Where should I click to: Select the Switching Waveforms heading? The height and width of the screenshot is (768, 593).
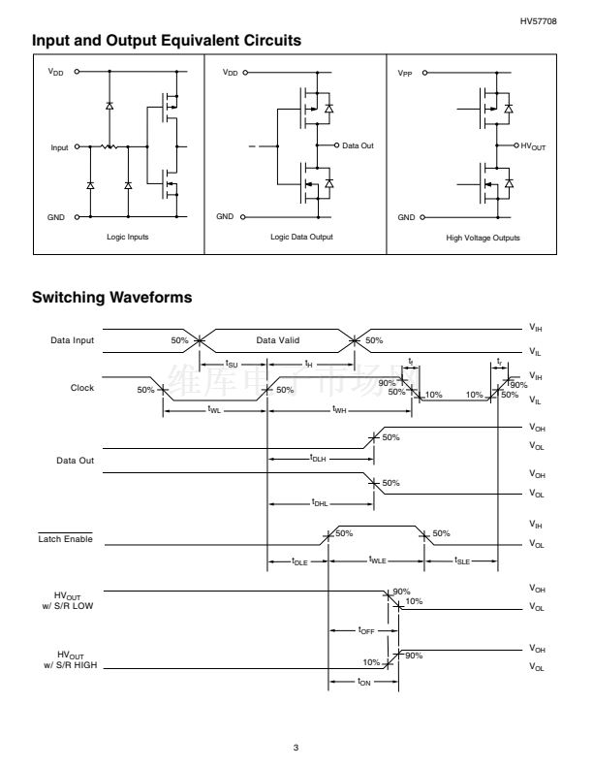click(111, 297)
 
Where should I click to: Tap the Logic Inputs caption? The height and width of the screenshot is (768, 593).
click(128, 238)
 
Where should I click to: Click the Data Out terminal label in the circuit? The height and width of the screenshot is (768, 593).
click(359, 145)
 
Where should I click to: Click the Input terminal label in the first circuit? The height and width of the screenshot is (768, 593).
click(60, 147)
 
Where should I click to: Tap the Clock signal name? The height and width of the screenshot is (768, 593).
click(82, 389)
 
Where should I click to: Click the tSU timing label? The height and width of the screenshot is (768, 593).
click(232, 364)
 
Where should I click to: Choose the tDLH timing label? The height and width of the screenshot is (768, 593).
click(317, 457)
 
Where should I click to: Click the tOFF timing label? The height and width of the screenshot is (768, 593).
click(366, 630)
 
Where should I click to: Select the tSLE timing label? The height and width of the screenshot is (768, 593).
click(461, 561)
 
